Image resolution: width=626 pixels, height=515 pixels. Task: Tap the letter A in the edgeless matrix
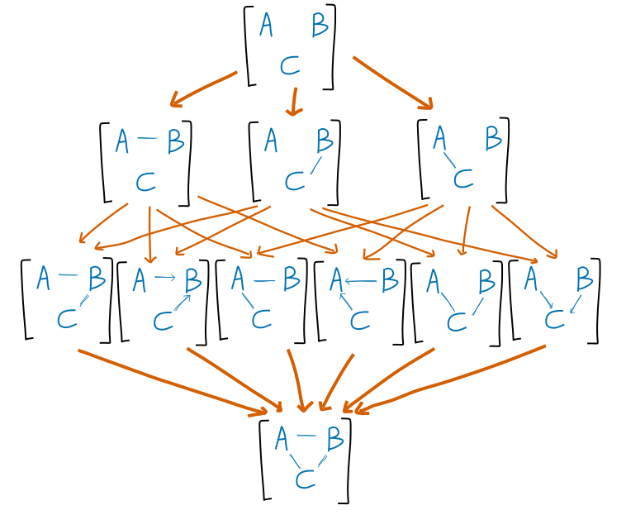[x=266, y=26]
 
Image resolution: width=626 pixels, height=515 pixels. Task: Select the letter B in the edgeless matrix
[x=320, y=26]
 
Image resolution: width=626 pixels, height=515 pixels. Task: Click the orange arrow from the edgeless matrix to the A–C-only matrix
[x=392, y=83]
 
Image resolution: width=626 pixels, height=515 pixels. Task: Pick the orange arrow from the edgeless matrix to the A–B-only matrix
[x=203, y=88]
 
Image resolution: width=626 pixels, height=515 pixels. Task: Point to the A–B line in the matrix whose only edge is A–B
[x=148, y=139]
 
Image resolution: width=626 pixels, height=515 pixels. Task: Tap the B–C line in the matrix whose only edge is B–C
[x=315, y=165]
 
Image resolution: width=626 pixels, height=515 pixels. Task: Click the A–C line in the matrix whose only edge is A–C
[x=449, y=159]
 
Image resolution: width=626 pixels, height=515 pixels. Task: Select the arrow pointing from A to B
[x=166, y=278]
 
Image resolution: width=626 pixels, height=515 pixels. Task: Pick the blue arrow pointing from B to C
[x=574, y=304]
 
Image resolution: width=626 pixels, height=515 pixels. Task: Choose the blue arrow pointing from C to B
[x=183, y=303]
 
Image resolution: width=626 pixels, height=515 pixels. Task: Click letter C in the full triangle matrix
[x=305, y=479]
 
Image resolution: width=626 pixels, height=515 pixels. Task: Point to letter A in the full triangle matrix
[x=282, y=437]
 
